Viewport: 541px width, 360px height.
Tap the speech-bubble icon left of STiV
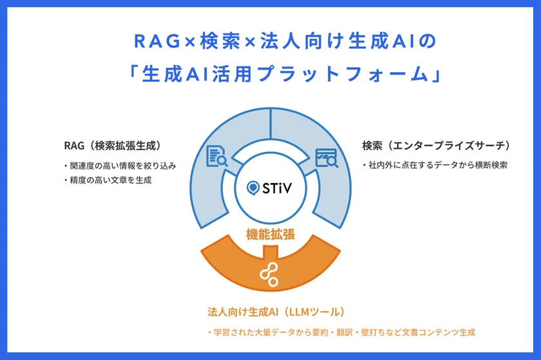254,188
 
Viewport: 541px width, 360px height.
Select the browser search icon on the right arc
326,156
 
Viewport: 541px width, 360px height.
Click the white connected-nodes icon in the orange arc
270,273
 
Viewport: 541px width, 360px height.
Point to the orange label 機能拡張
270,234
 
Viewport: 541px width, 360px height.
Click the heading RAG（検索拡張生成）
112,146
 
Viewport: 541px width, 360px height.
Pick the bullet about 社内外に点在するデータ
435,165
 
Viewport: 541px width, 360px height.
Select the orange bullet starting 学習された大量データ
341,332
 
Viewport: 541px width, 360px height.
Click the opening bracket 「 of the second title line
133,73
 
